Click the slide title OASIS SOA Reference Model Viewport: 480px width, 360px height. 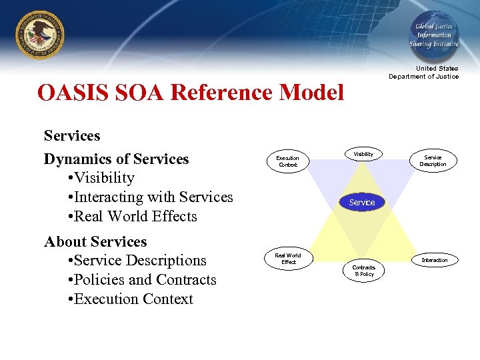[191, 93]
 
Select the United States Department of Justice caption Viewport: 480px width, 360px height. [424, 73]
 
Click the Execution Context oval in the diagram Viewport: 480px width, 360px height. [288, 161]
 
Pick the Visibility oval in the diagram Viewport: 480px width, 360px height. [363, 155]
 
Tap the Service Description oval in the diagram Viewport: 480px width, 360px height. [433, 161]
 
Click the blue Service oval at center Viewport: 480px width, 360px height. [362, 202]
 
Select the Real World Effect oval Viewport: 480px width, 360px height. [288, 259]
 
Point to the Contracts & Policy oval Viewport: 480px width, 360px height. [364, 270]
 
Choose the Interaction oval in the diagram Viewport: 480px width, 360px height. [434, 260]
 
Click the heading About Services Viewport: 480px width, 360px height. [95, 241]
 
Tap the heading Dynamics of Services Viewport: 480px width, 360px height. [117, 159]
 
